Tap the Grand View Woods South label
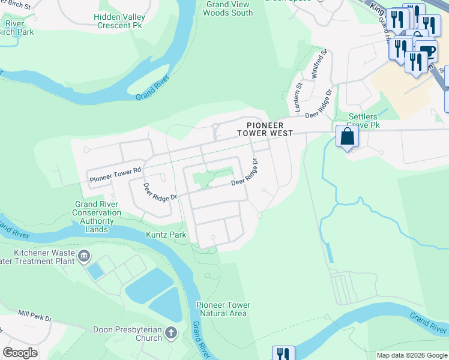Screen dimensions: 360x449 tap(229, 8)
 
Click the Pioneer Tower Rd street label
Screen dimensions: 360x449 tap(115, 175)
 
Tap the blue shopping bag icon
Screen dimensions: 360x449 tap(347, 137)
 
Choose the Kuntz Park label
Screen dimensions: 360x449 tap(166, 235)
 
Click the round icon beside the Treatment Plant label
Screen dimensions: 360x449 tap(84, 257)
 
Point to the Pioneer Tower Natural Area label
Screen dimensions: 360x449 tap(223, 309)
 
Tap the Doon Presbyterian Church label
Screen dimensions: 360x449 tap(127, 334)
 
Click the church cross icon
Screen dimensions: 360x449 tap(171, 332)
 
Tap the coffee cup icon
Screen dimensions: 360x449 tap(427, 51)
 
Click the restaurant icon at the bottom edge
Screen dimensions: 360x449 tap(283, 353)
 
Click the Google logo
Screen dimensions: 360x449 tap(20, 353)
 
